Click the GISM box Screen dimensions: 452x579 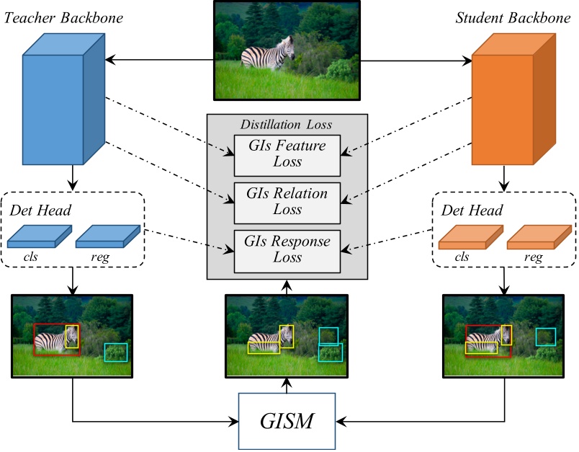click(x=287, y=420)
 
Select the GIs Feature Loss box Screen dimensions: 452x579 click(x=287, y=154)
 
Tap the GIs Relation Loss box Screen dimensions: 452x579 click(x=287, y=203)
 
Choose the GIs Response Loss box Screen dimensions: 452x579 click(x=287, y=251)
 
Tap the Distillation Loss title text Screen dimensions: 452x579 click(x=287, y=124)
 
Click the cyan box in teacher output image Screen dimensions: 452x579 click(x=115, y=352)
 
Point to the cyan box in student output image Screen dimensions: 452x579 click(x=545, y=337)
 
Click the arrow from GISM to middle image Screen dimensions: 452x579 click(x=287, y=386)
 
